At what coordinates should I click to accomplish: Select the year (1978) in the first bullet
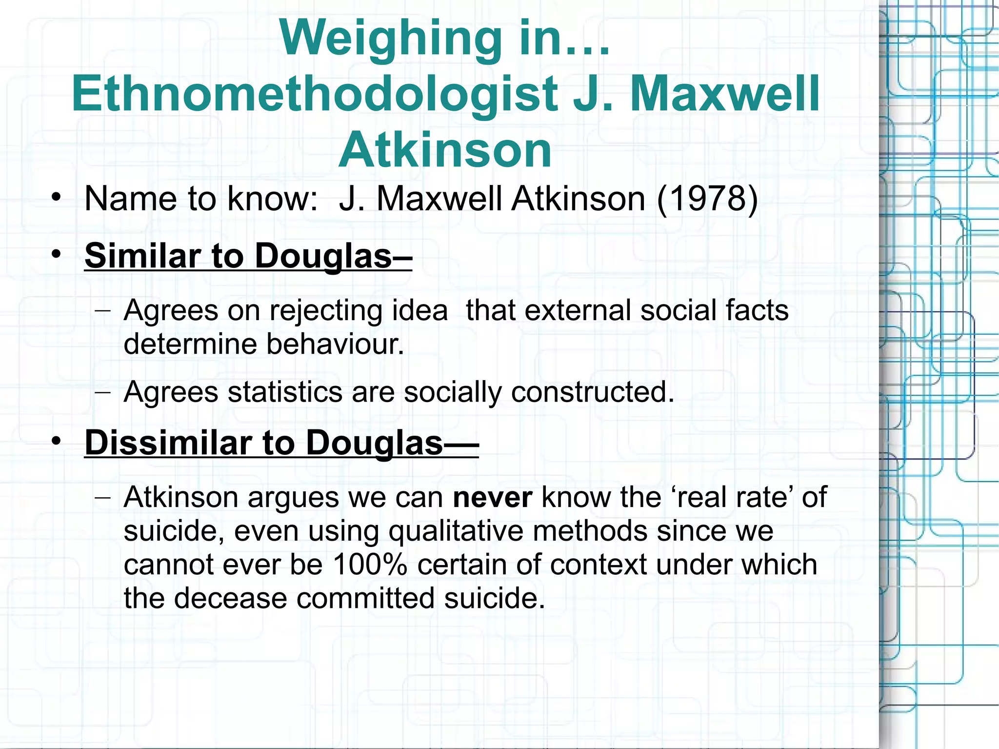coord(707,199)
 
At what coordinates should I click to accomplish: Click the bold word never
coord(492,498)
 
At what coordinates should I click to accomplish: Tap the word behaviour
coord(335,344)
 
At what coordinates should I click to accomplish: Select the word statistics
coord(285,392)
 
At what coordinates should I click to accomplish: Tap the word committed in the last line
coord(365,598)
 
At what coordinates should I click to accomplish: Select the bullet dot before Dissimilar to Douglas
coord(57,441)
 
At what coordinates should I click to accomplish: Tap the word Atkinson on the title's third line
coord(445,150)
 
